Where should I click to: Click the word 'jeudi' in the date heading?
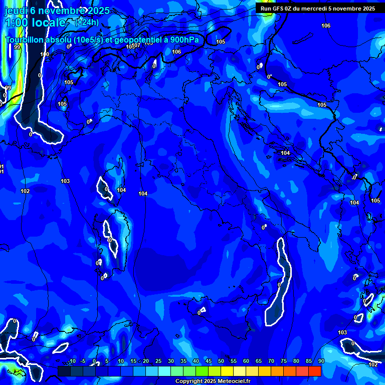[x=16, y=11]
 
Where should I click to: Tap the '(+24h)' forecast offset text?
[x=87, y=22]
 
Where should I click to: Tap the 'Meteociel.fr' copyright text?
[x=238, y=381]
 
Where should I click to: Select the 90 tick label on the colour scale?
[x=321, y=361]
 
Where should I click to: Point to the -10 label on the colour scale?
[x=71, y=361]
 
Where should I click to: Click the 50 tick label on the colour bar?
[x=221, y=361]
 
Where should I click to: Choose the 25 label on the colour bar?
[x=158, y=361]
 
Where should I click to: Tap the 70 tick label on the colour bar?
[x=271, y=361]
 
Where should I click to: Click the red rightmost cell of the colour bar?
[x=314, y=371]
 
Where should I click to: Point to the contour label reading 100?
[x=45, y=54]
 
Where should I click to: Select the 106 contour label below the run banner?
[x=326, y=26]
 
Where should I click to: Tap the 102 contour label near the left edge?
[x=25, y=191]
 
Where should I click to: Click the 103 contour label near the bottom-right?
[x=342, y=332]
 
